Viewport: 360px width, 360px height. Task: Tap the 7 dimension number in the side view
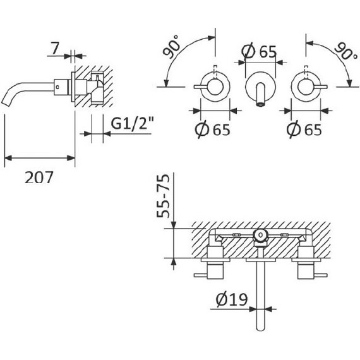[x=56, y=48]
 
